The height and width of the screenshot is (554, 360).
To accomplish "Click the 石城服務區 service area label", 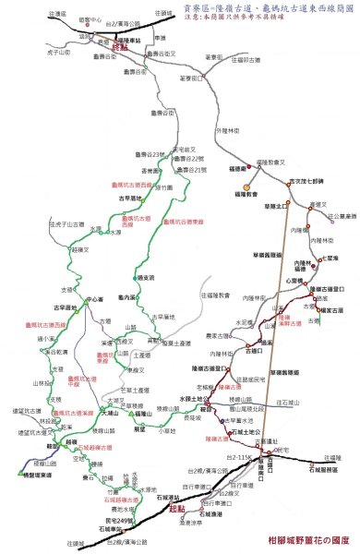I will tap(323, 469).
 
